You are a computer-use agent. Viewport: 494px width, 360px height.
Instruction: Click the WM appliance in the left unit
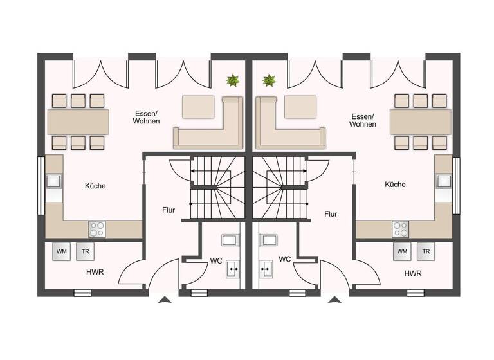point(62,251)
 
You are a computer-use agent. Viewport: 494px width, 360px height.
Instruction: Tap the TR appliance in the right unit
point(425,251)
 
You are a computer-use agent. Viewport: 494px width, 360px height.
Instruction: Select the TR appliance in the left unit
point(85,251)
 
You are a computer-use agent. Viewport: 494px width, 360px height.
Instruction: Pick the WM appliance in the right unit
point(402,251)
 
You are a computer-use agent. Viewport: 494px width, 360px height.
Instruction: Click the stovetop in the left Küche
point(97,228)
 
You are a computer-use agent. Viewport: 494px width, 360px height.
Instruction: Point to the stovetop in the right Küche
point(400,228)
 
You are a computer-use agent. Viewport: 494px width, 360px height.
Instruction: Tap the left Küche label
point(95,186)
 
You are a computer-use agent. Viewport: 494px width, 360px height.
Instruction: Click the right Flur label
point(331,214)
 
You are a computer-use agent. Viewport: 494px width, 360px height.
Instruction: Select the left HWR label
point(95,272)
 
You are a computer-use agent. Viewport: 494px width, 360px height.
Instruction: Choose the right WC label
point(285,259)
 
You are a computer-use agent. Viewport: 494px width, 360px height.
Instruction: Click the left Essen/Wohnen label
point(146,116)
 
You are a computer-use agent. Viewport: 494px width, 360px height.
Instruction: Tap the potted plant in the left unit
point(232,81)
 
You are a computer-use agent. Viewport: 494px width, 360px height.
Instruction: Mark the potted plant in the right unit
point(269,81)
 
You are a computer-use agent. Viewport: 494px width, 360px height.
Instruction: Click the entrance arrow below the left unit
point(165,300)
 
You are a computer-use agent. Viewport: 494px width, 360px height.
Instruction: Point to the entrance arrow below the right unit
point(334,300)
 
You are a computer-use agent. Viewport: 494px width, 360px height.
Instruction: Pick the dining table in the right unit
point(420,120)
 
